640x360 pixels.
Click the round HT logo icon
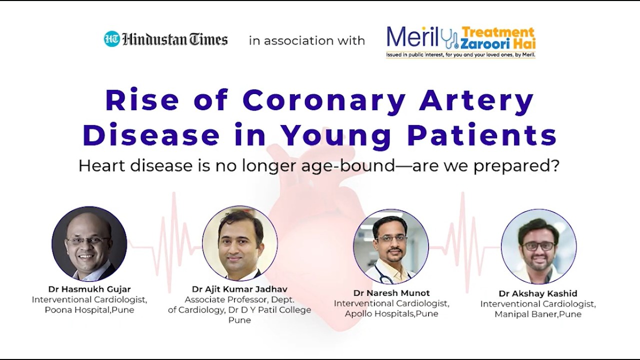111,38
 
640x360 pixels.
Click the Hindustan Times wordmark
175,39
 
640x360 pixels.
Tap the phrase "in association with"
307,40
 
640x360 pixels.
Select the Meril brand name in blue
412,37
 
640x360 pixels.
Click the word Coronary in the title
324,101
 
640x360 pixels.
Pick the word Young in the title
337,136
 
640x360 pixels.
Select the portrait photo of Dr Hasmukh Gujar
89,243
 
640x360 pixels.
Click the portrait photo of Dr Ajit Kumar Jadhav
239,243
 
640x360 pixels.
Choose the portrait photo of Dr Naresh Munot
391,246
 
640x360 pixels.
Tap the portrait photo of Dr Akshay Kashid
539,246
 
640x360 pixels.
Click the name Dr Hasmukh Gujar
89,289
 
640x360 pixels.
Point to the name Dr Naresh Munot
391,293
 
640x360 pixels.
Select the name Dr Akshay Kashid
538,293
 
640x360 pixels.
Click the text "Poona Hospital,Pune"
89,310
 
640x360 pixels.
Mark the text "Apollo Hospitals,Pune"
391,314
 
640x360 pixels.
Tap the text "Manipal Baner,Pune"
538,314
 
